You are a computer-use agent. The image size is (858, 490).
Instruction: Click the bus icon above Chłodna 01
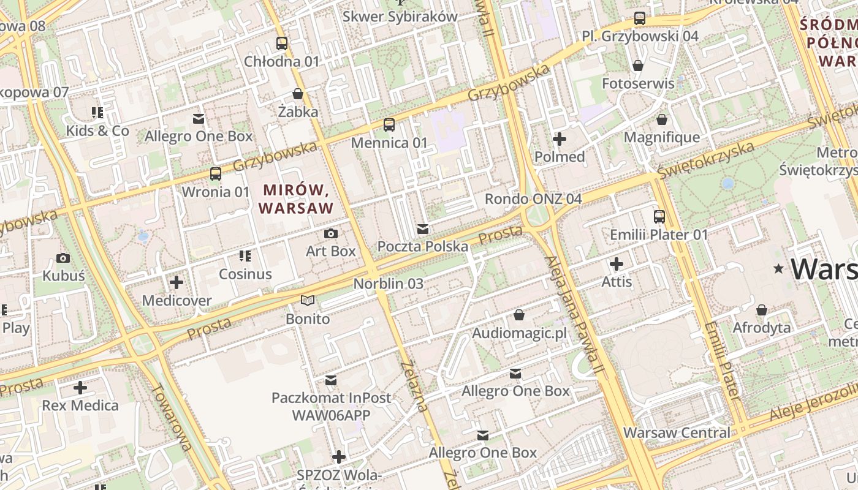[x=281, y=43]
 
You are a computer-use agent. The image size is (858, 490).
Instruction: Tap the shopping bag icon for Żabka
[x=298, y=94]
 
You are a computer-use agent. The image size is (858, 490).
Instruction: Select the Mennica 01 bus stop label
[x=389, y=143]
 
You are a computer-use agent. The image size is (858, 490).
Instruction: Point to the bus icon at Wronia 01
[x=216, y=174]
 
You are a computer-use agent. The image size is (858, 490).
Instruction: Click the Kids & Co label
[x=97, y=131]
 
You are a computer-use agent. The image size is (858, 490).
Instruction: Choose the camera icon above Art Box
[x=330, y=233]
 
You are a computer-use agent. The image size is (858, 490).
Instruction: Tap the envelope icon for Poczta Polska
[x=422, y=229]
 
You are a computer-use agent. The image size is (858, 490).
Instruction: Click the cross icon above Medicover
[x=177, y=282]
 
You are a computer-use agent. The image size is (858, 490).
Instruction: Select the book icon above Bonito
[x=307, y=301]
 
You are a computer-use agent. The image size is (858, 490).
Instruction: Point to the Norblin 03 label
[x=388, y=284]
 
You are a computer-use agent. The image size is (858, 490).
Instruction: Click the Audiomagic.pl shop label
[x=519, y=334]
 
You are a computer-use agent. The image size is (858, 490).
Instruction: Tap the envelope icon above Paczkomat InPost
[x=331, y=380]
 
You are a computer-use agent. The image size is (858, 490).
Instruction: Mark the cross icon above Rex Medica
[x=80, y=388]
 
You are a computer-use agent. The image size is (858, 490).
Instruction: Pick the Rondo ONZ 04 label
[x=533, y=199]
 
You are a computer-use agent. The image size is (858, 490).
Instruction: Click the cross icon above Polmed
[x=559, y=139]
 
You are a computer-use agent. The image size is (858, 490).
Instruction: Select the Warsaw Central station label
[x=677, y=433]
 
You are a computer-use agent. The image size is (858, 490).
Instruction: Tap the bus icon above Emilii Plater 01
[x=659, y=217]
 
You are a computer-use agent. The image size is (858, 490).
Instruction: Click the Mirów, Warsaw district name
[x=296, y=199]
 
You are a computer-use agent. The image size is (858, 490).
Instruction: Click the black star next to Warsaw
[x=779, y=268]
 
